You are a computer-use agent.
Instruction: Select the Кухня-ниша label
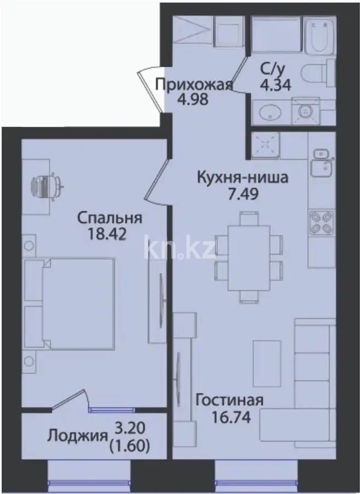(242, 178)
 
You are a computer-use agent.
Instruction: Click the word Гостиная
(229, 400)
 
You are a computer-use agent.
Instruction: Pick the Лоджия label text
(77, 436)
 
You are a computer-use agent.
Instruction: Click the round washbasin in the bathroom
(267, 113)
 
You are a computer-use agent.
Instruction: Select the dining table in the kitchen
(249, 256)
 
